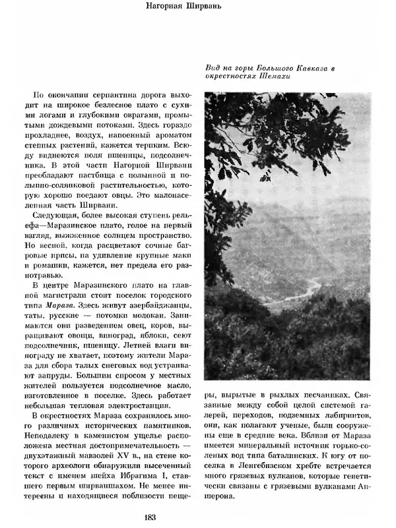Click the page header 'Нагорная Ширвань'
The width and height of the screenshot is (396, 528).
(x=197, y=8)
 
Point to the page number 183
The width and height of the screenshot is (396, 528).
(x=197, y=517)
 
